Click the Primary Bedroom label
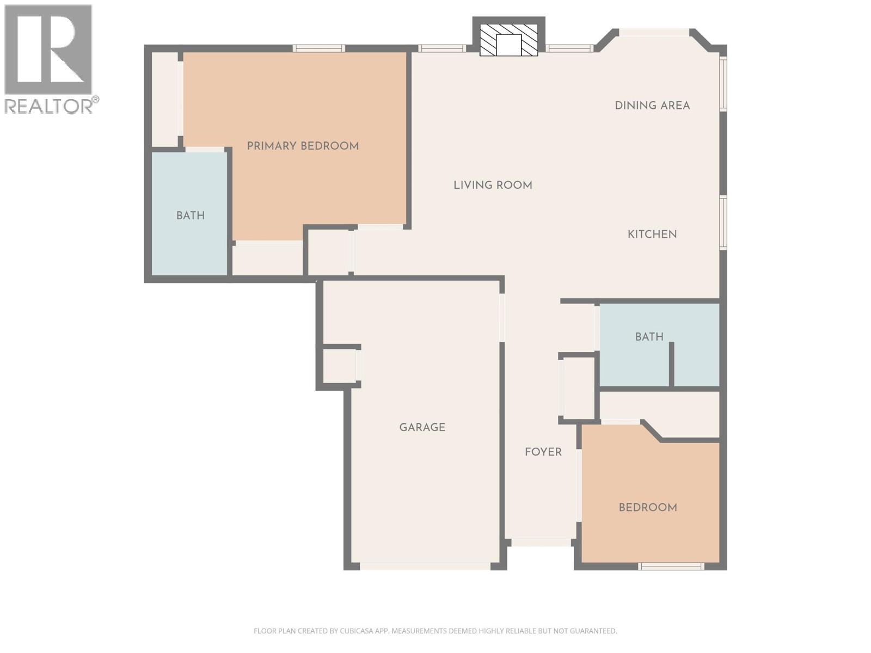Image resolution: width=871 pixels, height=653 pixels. point(303,146)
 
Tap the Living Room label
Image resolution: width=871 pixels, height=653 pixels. point(493,185)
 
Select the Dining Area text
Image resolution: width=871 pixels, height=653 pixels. point(652,106)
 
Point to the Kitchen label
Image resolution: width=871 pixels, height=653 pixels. point(652,235)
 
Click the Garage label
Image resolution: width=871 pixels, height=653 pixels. point(422,427)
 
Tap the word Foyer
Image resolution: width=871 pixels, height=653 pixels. point(543,452)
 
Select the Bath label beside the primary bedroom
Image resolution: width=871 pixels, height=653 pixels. point(190,215)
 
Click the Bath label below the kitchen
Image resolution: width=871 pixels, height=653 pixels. point(649,337)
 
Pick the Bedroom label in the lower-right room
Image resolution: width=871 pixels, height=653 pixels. point(648,507)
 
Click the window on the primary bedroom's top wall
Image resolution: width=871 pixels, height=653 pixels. point(318,48)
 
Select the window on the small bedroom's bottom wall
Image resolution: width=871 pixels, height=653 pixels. point(671,566)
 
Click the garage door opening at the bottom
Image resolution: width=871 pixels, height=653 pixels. point(425,566)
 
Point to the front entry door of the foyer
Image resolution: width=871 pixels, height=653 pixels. point(541,543)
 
